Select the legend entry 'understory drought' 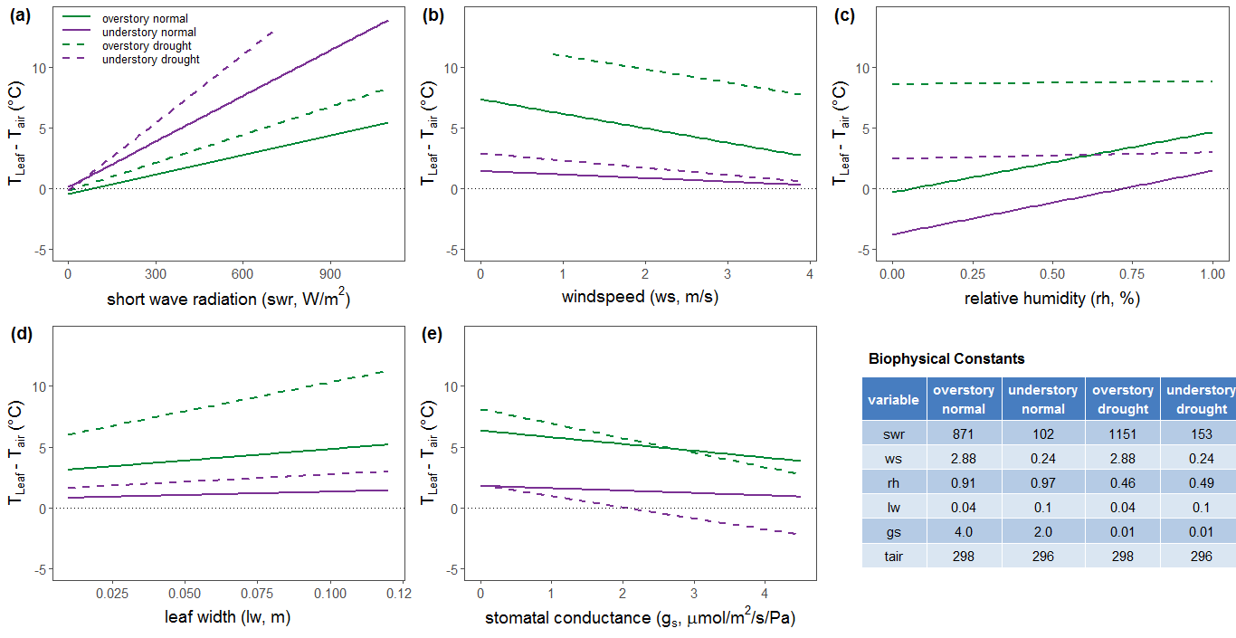(x=150, y=60)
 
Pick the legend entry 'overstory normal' (x=145, y=18)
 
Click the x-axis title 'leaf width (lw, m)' (x=227, y=617)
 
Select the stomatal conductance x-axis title (x=640, y=618)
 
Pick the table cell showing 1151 (x=1122, y=433)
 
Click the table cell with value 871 (x=964, y=433)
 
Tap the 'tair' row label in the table (x=894, y=556)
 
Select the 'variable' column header (x=894, y=399)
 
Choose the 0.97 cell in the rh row (x=1042, y=482)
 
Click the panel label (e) (x=433, y=334)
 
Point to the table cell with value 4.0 (x=964, y=531)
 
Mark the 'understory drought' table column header (x=1200, y=399)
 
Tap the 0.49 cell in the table (x=1198, y=482)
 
